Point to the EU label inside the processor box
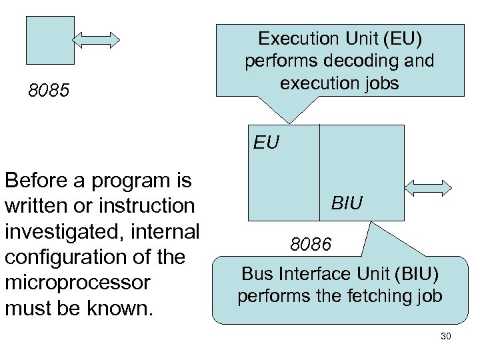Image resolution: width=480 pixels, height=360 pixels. (x=265, y=141)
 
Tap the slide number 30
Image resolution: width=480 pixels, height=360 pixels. (x=446, y=337)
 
